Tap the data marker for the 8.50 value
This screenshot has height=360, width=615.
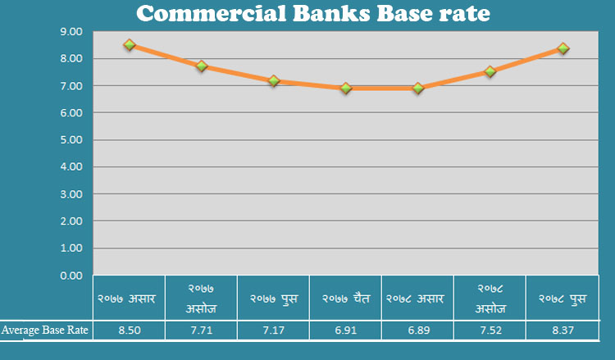129,45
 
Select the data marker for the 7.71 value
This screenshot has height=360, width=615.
201,66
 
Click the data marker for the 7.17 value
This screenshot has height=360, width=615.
273,81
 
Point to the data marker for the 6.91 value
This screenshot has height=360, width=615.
345,88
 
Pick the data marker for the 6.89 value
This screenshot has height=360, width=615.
417,89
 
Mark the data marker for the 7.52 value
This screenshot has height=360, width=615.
490,71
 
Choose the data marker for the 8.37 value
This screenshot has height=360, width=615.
563,48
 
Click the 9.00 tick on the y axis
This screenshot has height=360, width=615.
71,32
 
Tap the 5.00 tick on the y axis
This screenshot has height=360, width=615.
71,140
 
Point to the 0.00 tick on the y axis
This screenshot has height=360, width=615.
71,276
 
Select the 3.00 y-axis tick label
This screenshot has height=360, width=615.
71,194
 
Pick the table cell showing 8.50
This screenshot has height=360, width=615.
129,330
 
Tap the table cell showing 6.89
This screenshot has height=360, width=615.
417,330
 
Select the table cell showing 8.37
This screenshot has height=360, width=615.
563,330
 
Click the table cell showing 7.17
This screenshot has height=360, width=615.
273,330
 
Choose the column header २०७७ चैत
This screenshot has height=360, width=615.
345,299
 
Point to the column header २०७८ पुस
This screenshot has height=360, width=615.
563,299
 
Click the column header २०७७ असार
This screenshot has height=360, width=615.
129,299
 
